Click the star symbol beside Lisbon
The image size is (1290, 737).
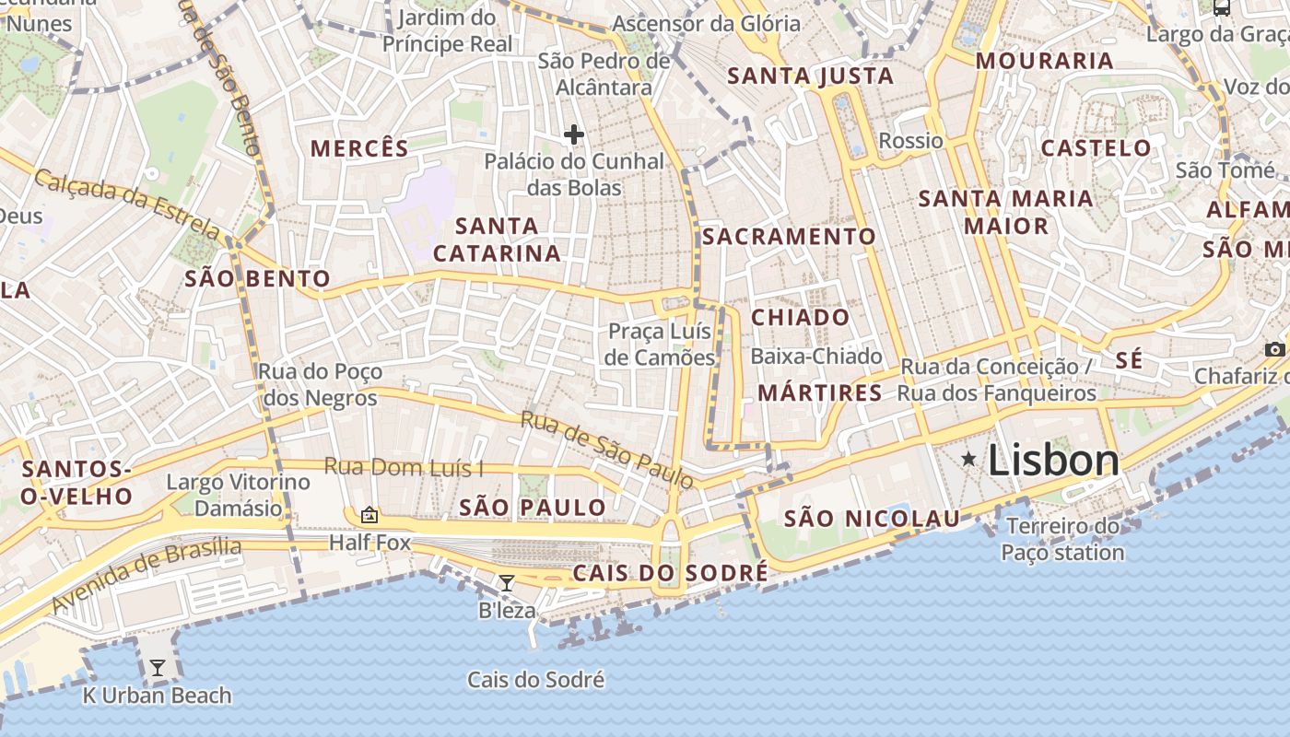pos(968,458)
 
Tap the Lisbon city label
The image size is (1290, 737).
pos(1053,461)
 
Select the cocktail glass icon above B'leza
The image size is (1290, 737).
pos(506,582)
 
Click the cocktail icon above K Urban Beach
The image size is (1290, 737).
pos(158,667)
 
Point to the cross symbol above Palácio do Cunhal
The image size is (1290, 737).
pos(574,135)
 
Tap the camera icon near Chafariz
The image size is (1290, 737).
pos(1274,349)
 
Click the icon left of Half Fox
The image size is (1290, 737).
pos(369,515)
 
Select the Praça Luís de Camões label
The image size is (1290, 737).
pos(662,345)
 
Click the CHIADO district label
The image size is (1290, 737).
pos(800,318)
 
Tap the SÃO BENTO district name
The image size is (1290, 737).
pos(257,279)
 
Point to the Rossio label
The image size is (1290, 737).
pos(910,141)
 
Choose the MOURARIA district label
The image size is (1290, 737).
pos(1044,62)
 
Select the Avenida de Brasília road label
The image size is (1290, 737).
pos(147,576)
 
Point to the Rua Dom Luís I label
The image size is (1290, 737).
pos(404,467)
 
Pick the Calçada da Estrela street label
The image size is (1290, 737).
pos(126,202)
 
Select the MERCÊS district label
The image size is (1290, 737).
pos(358,148)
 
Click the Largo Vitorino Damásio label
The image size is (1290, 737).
pos(238,495)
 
